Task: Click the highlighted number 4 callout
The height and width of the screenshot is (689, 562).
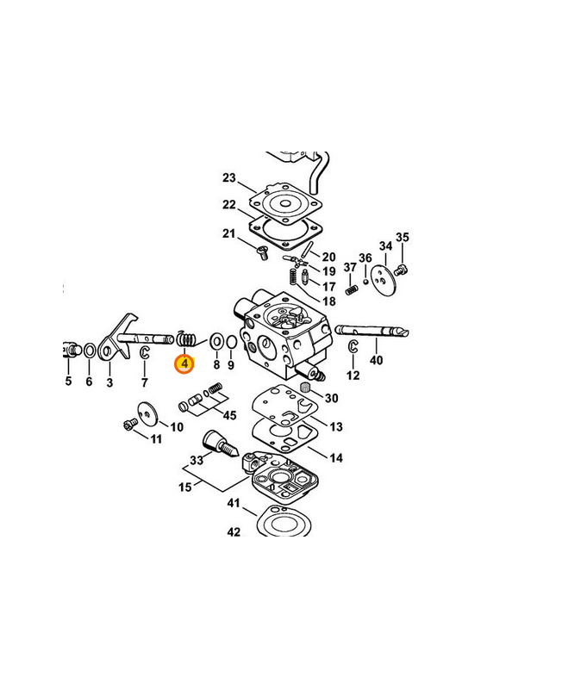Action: (x=184, y=363)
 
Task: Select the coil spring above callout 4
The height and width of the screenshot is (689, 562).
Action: (x=185, y=338)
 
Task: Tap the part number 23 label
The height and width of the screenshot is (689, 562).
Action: (x=229, y=178)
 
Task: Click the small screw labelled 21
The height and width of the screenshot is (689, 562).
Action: (x=262, y=252)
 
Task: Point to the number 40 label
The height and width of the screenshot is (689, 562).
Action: (x=376, y=360)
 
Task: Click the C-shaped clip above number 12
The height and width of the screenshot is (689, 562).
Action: (x=353, y=346)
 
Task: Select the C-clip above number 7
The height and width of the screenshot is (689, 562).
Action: (x=145, y=352)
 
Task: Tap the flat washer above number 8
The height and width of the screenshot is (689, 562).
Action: (x=216, y=341)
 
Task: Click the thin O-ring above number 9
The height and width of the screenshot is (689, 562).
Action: (x=232, y=342)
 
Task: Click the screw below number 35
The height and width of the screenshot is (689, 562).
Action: (x=401, y=270)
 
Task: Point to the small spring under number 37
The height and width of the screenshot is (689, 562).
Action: (x=351, y=290)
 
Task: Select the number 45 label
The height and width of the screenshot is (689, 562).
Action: (x=229, y=415)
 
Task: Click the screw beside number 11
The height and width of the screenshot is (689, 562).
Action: (x=130, y=424)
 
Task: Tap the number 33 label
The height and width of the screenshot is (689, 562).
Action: (x=197, y=460)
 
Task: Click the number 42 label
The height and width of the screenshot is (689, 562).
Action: (x=234, y=532)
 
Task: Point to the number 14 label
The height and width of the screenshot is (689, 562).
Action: (x=336, y=458)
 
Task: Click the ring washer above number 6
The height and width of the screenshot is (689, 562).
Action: (x=90, y=351)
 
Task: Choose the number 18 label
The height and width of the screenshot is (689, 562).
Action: (x=329, y=301)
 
